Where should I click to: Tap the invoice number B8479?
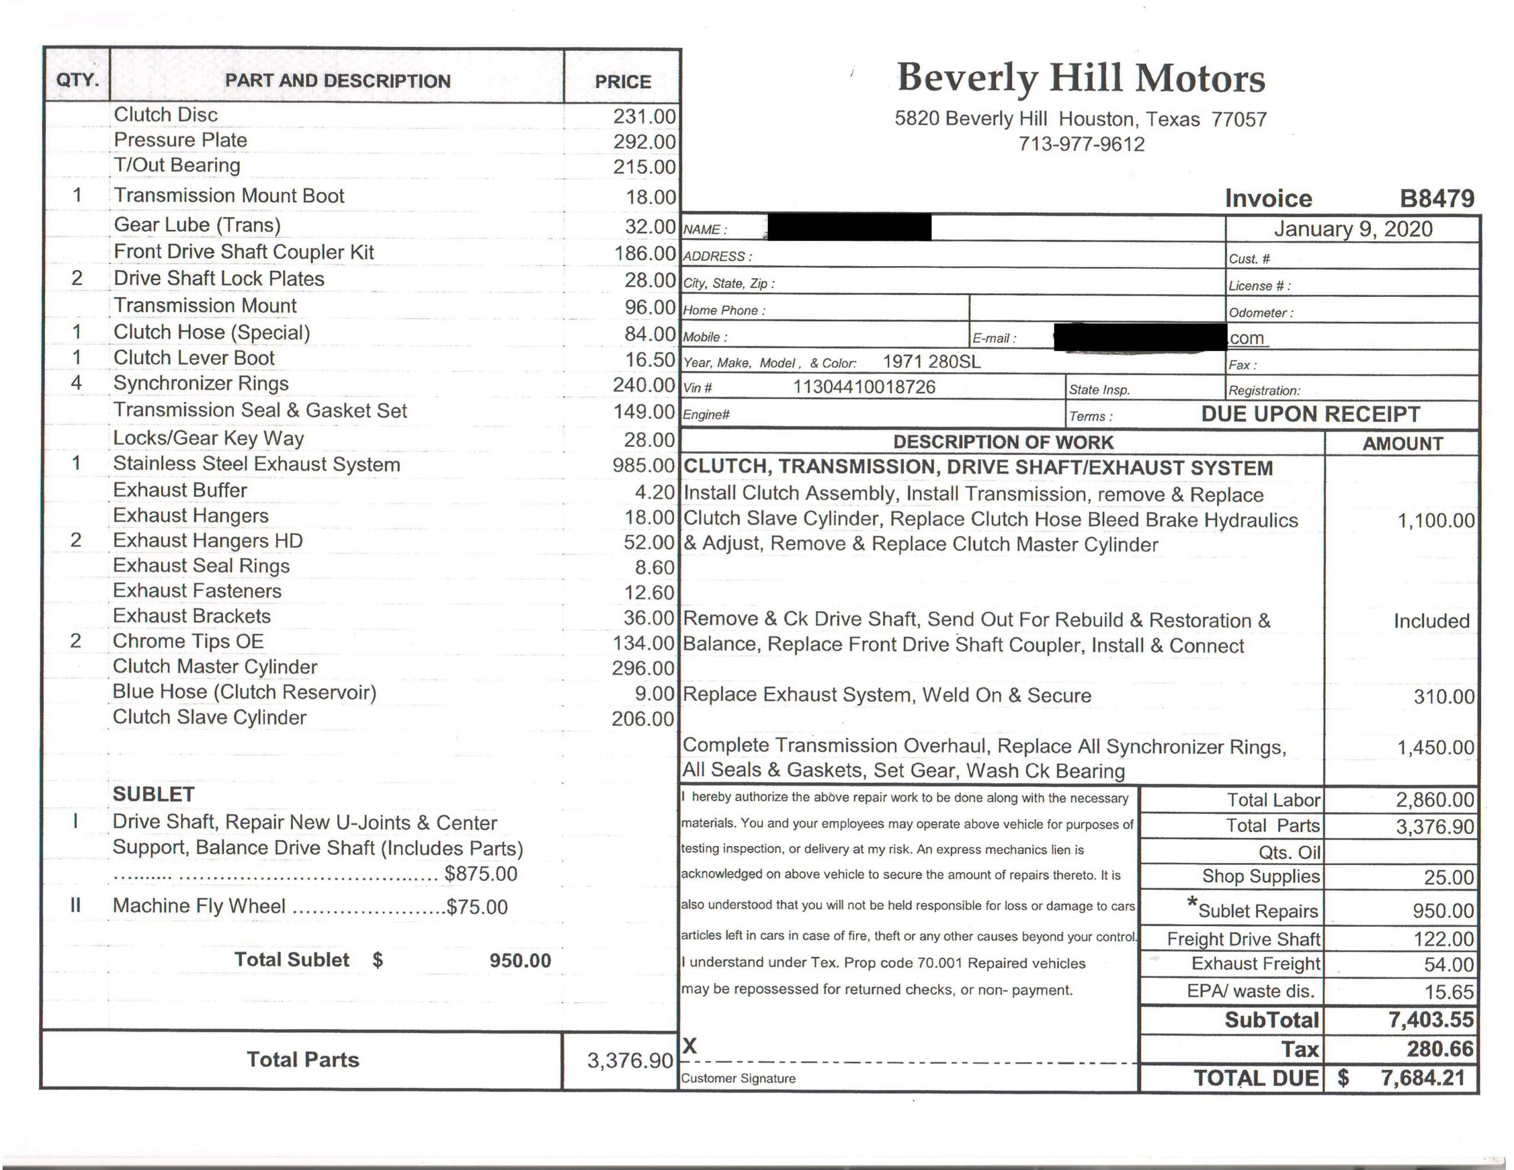[x=1437, y=199]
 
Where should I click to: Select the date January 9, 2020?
[x=1353, y=229]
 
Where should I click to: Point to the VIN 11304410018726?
[x=864, y=387]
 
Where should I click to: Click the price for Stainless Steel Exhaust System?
[x=643, y=465]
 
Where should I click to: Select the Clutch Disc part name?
[x=166, y=115]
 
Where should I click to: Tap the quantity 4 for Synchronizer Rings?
[x=76, y=383]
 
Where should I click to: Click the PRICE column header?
[x=623, y=82]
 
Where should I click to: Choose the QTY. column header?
[x=77, y=80]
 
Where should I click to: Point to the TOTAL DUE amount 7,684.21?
[x=1422, y=1078]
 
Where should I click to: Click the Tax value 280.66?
[x=1440, y=1049]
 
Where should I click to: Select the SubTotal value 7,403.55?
[x=1431, y=1020]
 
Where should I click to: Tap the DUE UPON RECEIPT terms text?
[x=1310, y=414]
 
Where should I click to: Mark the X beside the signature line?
[x=690, y=1046]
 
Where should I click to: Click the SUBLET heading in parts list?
[x=153, y=795]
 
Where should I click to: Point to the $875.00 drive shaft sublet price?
[x=480, y=874]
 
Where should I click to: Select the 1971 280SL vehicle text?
[x=931, y=362]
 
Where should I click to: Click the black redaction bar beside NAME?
[x=849, y=228]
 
